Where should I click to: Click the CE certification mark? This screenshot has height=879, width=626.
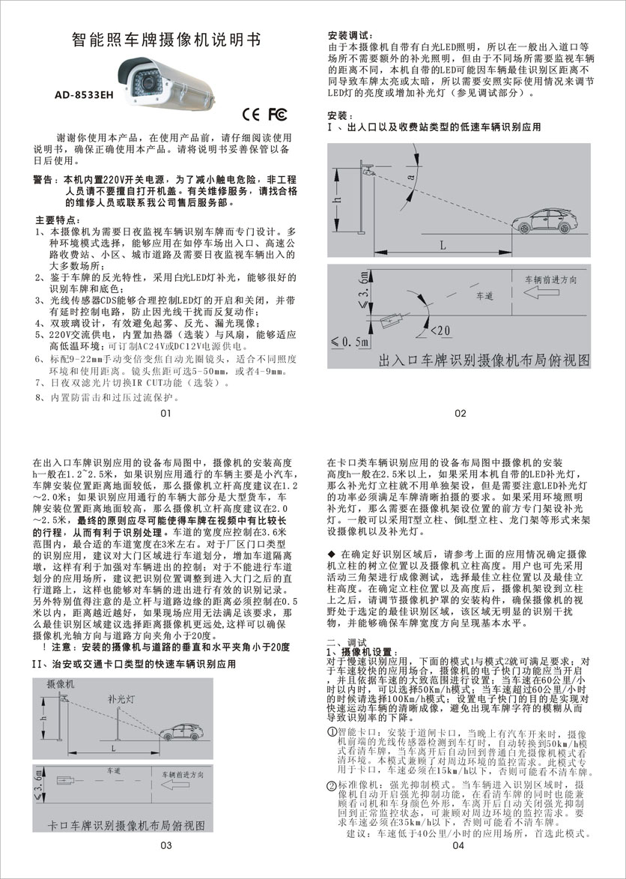[252, 114]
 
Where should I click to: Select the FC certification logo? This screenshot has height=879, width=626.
[277, 114]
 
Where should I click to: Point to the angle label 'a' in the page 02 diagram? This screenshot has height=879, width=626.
[411, 177]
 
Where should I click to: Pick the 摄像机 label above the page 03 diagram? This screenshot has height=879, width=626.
[61, 684]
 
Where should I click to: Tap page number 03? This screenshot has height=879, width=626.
[166, 845]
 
